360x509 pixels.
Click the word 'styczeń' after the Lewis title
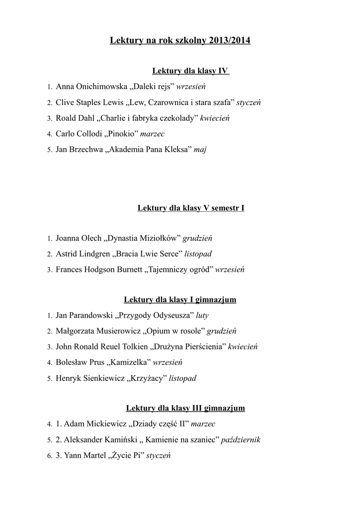click(249, 103)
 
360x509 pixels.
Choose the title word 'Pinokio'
click(122, 134)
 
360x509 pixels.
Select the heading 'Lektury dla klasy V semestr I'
click(190, 208)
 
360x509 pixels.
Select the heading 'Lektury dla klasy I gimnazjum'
click(180, 300)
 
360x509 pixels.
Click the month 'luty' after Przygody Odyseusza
click(202, 315)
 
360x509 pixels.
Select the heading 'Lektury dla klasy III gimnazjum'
click(185, 408)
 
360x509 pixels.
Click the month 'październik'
click(241, 440)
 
